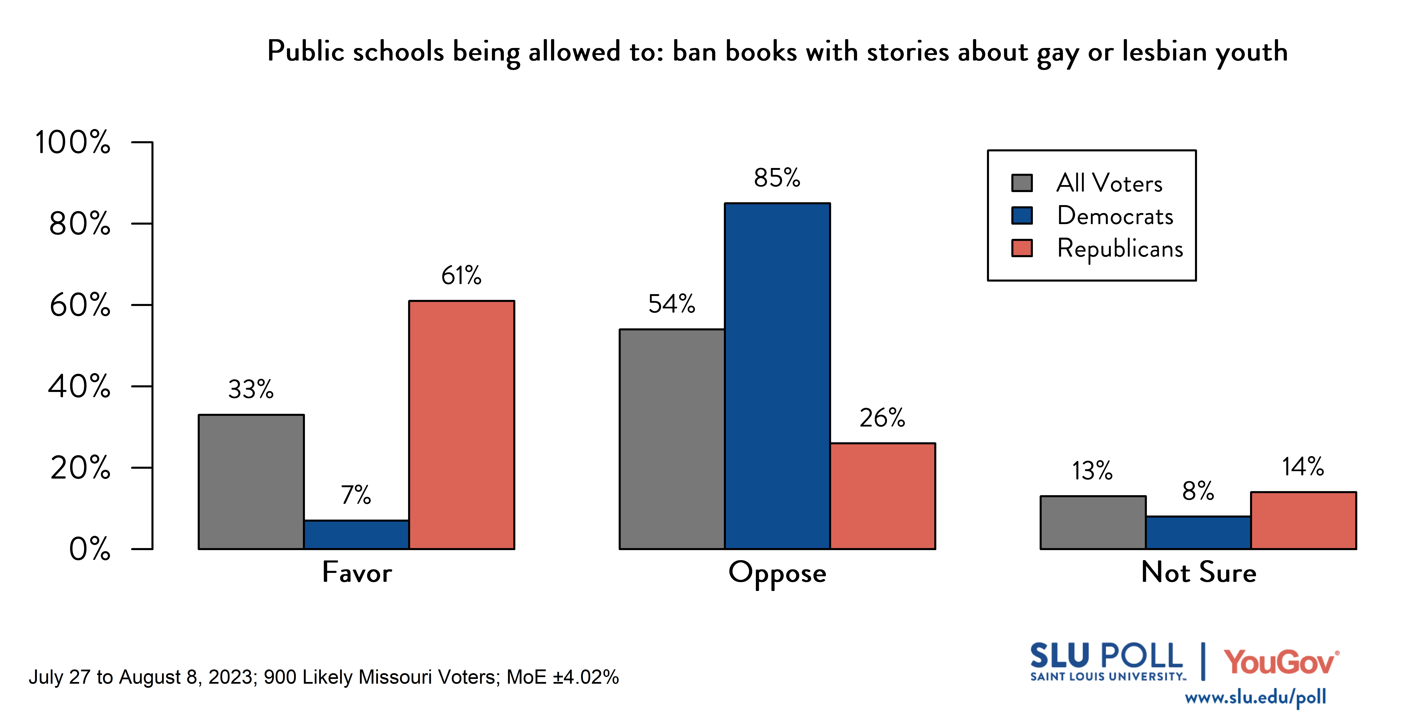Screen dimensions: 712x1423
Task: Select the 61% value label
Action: click(x=461, y=275)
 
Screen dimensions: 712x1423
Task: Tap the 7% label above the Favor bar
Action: click(x=356, y=495)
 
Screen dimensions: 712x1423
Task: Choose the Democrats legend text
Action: click(x=1115, y=216)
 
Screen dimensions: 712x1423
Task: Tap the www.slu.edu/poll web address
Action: click(x=1255, y=697)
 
